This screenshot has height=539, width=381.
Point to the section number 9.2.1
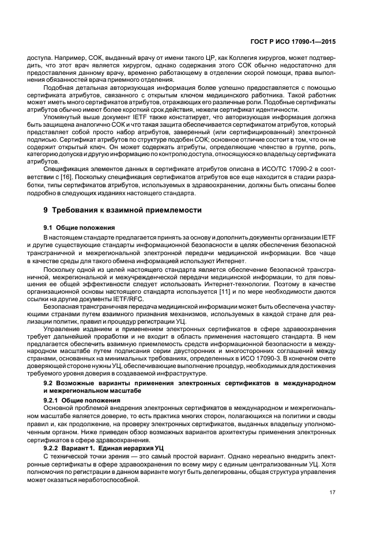click(x=52, y=400)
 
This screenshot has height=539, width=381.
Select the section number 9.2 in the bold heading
click(x=48, y=383)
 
